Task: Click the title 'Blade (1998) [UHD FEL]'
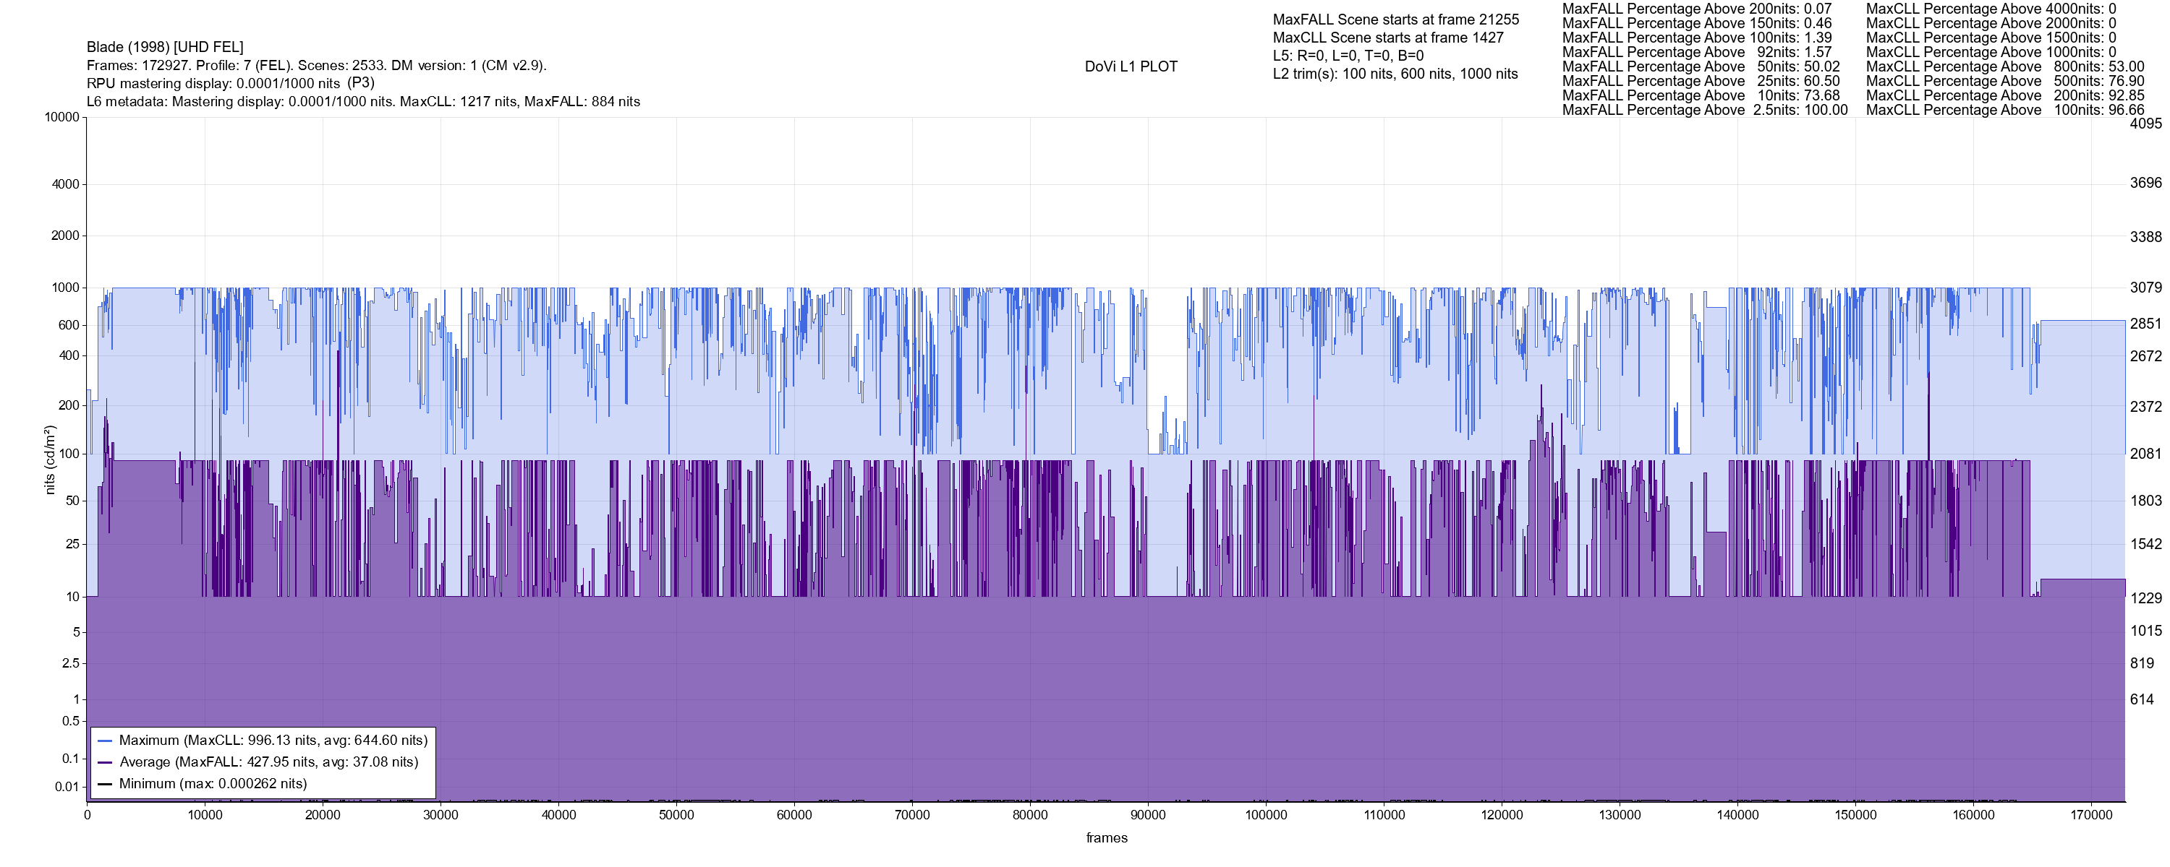click(165, 47)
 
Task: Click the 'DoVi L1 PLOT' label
click(1131, 66)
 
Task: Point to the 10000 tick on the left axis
click(61, 117)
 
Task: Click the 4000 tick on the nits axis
click(65, 184)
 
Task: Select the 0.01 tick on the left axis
click(67, 787)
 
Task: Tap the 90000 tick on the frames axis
click(1147, 815)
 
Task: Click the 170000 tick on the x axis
click(2091, 815)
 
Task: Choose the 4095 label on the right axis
click(2145, 124)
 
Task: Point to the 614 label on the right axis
click(2141, 699)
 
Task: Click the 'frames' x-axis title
click(1106, 837)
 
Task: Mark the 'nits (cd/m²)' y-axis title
click(50, 460)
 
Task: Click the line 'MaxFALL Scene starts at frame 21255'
click(1395, 20)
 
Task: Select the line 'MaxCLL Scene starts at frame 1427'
click(1387, 38)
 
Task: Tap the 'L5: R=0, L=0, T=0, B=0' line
click(1348, 56)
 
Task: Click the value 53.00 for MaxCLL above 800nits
click(2125, 66)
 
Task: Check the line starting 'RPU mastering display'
click(230, 83)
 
